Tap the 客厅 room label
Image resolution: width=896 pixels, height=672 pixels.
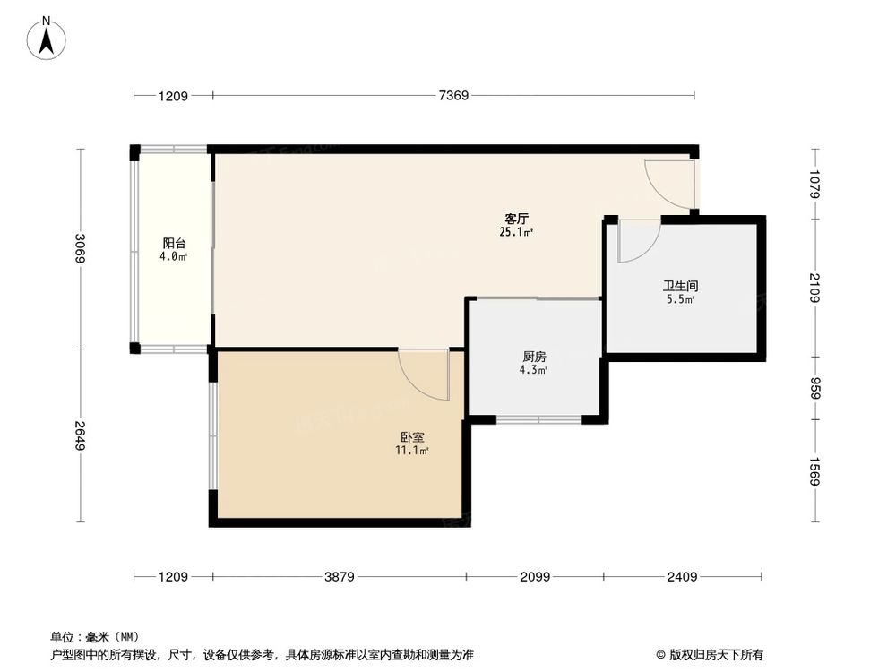point(515,219)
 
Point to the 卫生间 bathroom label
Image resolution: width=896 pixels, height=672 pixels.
point(680,286)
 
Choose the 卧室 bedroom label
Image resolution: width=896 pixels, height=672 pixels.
point(412,437)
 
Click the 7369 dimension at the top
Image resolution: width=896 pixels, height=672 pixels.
point(454,96)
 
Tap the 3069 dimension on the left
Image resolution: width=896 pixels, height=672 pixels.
point(80,247)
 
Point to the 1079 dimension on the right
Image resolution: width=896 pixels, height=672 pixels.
point(814,185)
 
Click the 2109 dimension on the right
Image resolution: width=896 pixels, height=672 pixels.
point(814,288)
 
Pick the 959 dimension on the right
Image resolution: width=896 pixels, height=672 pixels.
point(814,389)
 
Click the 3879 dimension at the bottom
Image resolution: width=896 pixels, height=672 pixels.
point(338,576)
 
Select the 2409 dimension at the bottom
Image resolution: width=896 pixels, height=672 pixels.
point(682,576)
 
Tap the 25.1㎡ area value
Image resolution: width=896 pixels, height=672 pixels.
point(516,233)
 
